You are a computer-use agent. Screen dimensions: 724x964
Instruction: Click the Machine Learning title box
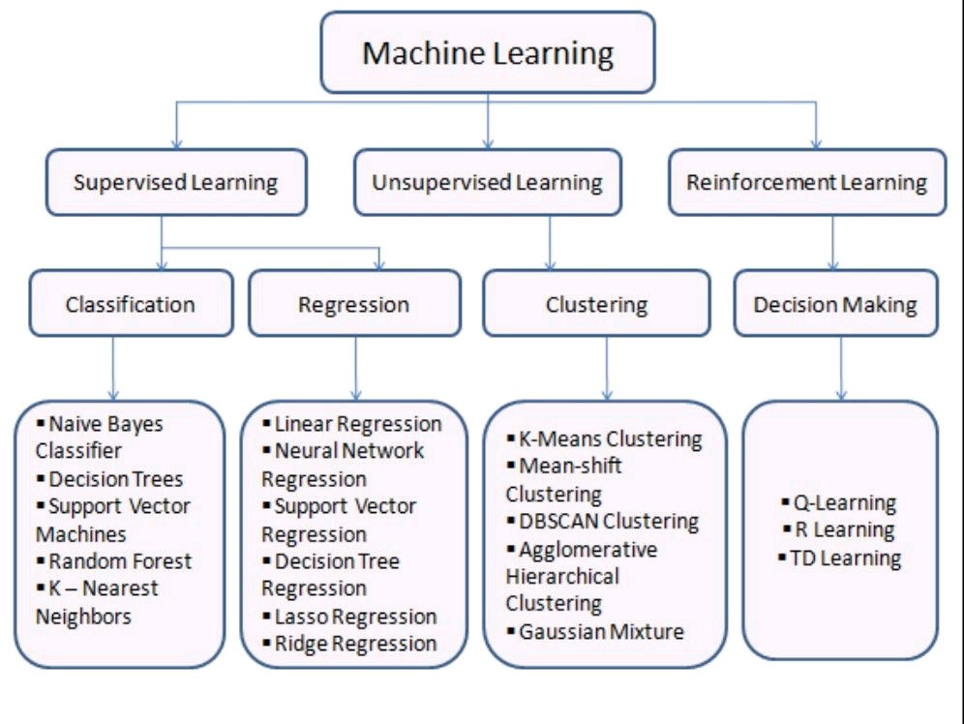[x=488, y=52]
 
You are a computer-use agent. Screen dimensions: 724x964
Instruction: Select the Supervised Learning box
[x=175, y=182]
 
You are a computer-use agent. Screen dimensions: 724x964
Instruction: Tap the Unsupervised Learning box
[x=488, y=182]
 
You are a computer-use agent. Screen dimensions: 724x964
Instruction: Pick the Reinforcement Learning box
[x=806, y=182]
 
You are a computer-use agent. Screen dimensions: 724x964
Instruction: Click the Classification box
[x=131, y=304]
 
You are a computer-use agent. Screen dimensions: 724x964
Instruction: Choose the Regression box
[x=354, y=304]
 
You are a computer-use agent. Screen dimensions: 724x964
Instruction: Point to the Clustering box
[x=596, y=304]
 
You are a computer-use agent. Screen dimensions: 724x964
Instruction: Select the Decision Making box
[x=834, y=304]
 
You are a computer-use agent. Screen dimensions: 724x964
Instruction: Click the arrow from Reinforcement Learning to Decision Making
[x=833, y=242]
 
